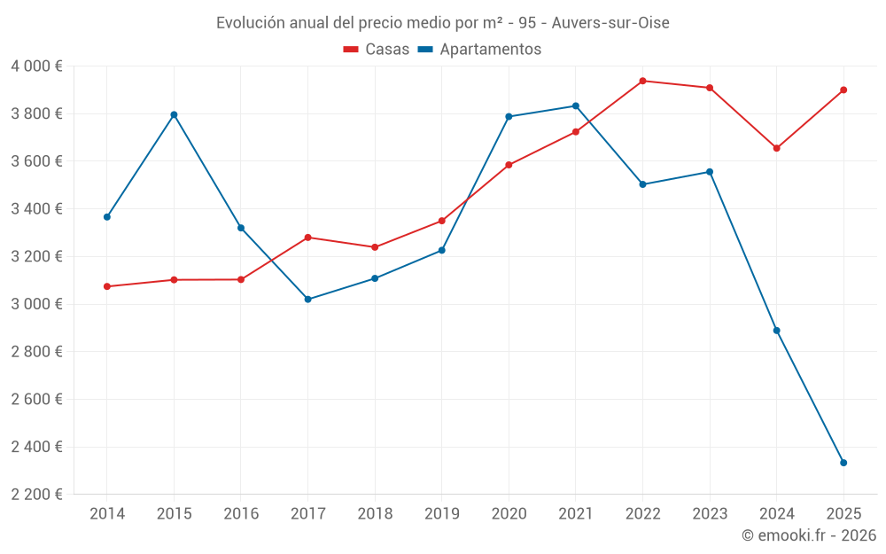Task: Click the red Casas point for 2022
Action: point(642,81)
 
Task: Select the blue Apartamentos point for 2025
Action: point(843,463)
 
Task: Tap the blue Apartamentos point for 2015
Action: point(174,114)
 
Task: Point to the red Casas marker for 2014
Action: point(107,286)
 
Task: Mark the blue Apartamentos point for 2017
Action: point(307,300)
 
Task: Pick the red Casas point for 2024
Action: point(776,148)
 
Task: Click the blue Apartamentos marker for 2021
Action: point(576,105)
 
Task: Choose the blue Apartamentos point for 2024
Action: point(776,331)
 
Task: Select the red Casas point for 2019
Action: point(441,221)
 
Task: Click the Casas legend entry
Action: point(377,50)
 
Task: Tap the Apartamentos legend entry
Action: point(479,50)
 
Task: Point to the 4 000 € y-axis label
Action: point(36,66)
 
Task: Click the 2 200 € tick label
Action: point(36,495)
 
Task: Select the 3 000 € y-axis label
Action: point(36,304)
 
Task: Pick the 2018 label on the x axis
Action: point(375,514)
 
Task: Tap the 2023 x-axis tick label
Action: point(710,514)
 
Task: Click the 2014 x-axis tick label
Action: point(107,514)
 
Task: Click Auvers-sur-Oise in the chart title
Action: point(610,22)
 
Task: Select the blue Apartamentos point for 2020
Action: point(509,116)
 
